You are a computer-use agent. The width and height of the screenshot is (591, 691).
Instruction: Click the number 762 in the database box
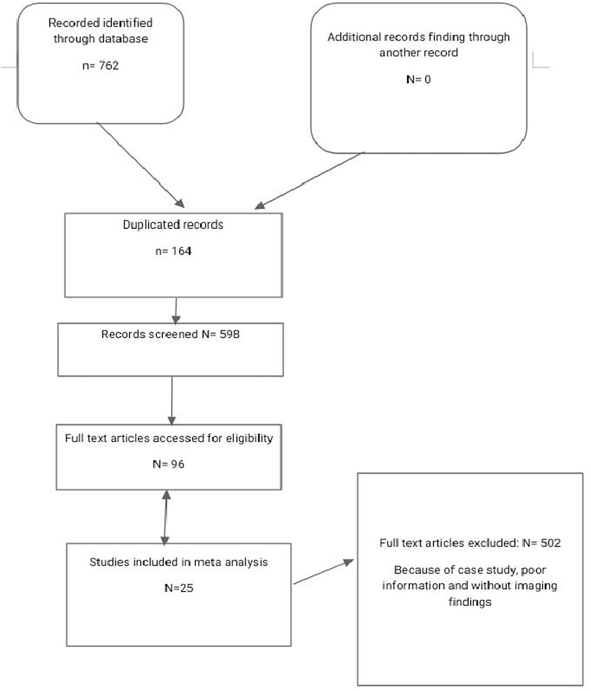click(108, 66)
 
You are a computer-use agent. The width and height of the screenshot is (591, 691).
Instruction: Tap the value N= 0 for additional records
click(418, 79)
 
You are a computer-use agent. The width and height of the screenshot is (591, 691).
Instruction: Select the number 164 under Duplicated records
click(182, 251)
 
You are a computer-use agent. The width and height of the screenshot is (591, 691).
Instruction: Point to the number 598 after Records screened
click(230, 334)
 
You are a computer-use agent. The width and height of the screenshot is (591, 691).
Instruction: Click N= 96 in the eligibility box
click(168, 464)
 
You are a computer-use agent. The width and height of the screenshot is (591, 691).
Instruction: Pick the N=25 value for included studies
click(179, 588)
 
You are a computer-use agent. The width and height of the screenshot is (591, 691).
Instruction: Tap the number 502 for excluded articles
click(550, 543)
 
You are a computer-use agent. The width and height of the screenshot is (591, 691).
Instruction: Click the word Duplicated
click(148, 225)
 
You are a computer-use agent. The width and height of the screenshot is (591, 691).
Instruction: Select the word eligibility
click(249, 439)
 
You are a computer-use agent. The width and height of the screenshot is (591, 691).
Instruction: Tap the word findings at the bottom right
click(470, 602)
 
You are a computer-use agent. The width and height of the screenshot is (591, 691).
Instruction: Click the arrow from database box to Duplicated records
click(141, 165)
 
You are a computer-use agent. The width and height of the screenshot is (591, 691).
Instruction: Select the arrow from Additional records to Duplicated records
click(310, 180)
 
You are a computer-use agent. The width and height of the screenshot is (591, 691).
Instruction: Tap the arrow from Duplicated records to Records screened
click(176, 310)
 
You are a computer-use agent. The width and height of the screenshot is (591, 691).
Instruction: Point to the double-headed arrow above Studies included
click(165, 517)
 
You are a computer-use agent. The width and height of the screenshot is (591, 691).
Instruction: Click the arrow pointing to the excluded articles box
click(324, 572)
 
